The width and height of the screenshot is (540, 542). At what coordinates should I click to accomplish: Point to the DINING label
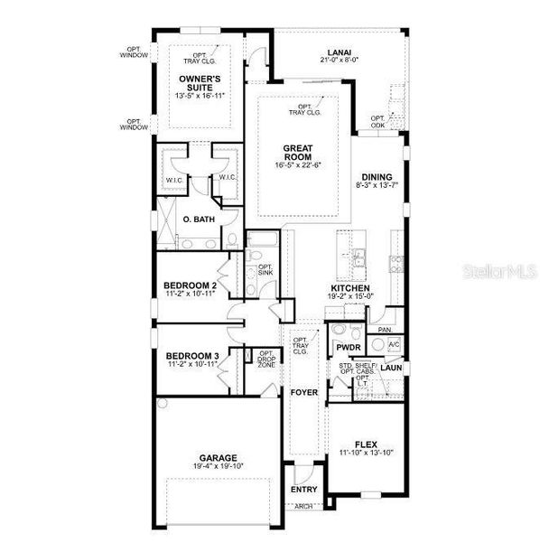coord(377,177)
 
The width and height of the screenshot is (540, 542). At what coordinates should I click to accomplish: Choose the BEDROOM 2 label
coord(191,286)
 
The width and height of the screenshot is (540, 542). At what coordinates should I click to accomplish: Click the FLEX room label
coord(365,444)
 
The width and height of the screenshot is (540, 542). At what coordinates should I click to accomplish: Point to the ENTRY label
coord(303,490)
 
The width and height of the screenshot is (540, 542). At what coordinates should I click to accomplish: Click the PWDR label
coord(348,347)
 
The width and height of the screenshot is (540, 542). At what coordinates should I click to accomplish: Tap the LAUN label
coord(391,368)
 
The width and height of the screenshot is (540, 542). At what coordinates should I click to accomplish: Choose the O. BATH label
coord(197,220)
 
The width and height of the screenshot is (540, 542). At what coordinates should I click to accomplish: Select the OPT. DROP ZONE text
coord(265,360)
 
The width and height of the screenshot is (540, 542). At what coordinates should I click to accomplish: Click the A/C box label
coord(394,345)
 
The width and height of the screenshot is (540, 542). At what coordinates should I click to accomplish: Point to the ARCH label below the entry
coord(303,507)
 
